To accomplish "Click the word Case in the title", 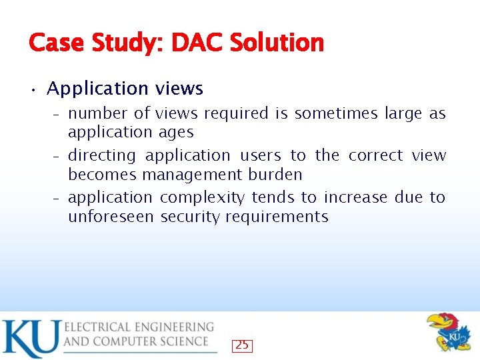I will point(55,43).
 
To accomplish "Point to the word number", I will point(98,114).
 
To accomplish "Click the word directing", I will point(102,156).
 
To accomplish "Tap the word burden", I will point(275,175).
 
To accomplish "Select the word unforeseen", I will point(111,217).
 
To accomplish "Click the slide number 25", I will point(242,345).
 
